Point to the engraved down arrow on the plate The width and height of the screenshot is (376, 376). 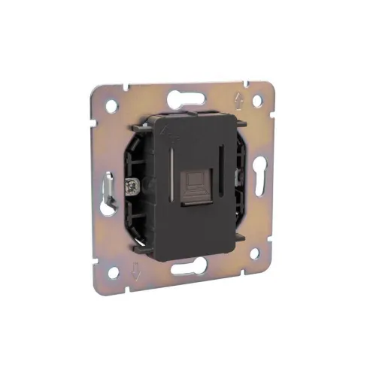[x=136, y=272]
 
